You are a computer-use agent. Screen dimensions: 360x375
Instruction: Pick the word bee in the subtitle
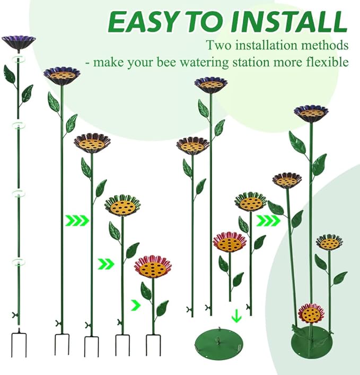[167, 62]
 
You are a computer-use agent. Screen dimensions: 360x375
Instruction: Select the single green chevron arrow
[136, 305]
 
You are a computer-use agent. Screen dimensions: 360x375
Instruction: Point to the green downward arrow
[236, 316]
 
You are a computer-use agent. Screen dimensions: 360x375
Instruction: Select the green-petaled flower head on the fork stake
[123, 206]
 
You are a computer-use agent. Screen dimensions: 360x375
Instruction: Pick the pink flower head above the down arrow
[229, 242]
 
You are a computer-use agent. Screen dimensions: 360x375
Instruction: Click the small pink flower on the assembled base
[311, 314]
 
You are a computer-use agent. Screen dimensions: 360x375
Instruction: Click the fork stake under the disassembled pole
[19, 343]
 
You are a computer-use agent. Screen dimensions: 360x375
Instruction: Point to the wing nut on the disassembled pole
[15, 315]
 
